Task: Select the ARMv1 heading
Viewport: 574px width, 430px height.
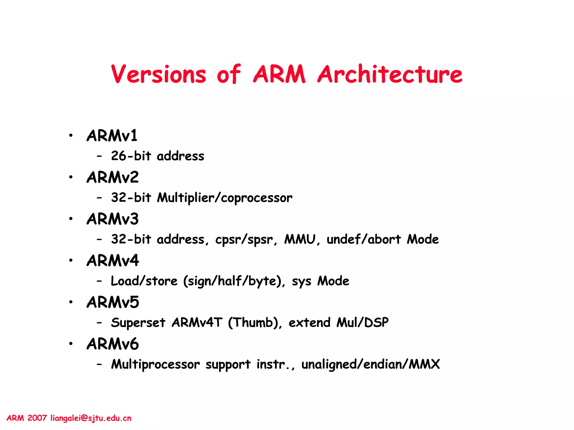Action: coord(112,136)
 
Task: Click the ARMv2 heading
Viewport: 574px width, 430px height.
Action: coord(113,177)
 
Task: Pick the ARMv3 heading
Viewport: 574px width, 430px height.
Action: coord(113,219)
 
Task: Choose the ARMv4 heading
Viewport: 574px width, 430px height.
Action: coord(113,261)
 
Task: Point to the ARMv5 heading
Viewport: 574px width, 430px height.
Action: coord(113,302)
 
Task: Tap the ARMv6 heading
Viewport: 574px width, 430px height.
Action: coord(113,344)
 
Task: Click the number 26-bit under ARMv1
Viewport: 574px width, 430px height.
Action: coord(131,156)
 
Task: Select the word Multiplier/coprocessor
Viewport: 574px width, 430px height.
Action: coord(224,198)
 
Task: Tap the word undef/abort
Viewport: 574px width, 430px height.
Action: coord(364,239)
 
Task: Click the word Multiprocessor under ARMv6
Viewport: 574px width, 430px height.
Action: coord(155,364)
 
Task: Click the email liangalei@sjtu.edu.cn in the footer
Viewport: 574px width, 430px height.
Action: coord(91,418)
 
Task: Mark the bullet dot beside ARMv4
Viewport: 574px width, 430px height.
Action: coord(71,260)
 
